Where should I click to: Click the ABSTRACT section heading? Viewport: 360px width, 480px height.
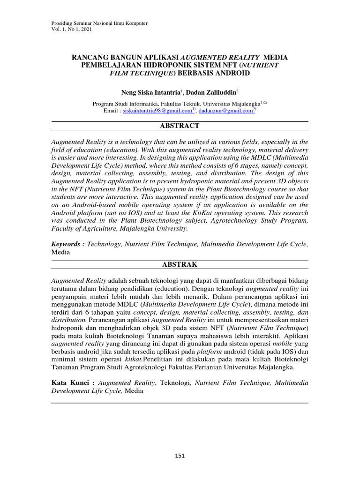pyautogui.click(x=180, y=126)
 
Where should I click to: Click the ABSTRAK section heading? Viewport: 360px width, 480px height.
pyautogui.click(x=180, y=265)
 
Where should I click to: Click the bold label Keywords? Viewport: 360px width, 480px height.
pyautogui.click(x=67, y=244)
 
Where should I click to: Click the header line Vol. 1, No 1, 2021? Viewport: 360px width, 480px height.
pyautogui.click(x=72, y=30)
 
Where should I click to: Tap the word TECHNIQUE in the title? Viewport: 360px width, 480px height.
pyautogui.click(x=148, y=74)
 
